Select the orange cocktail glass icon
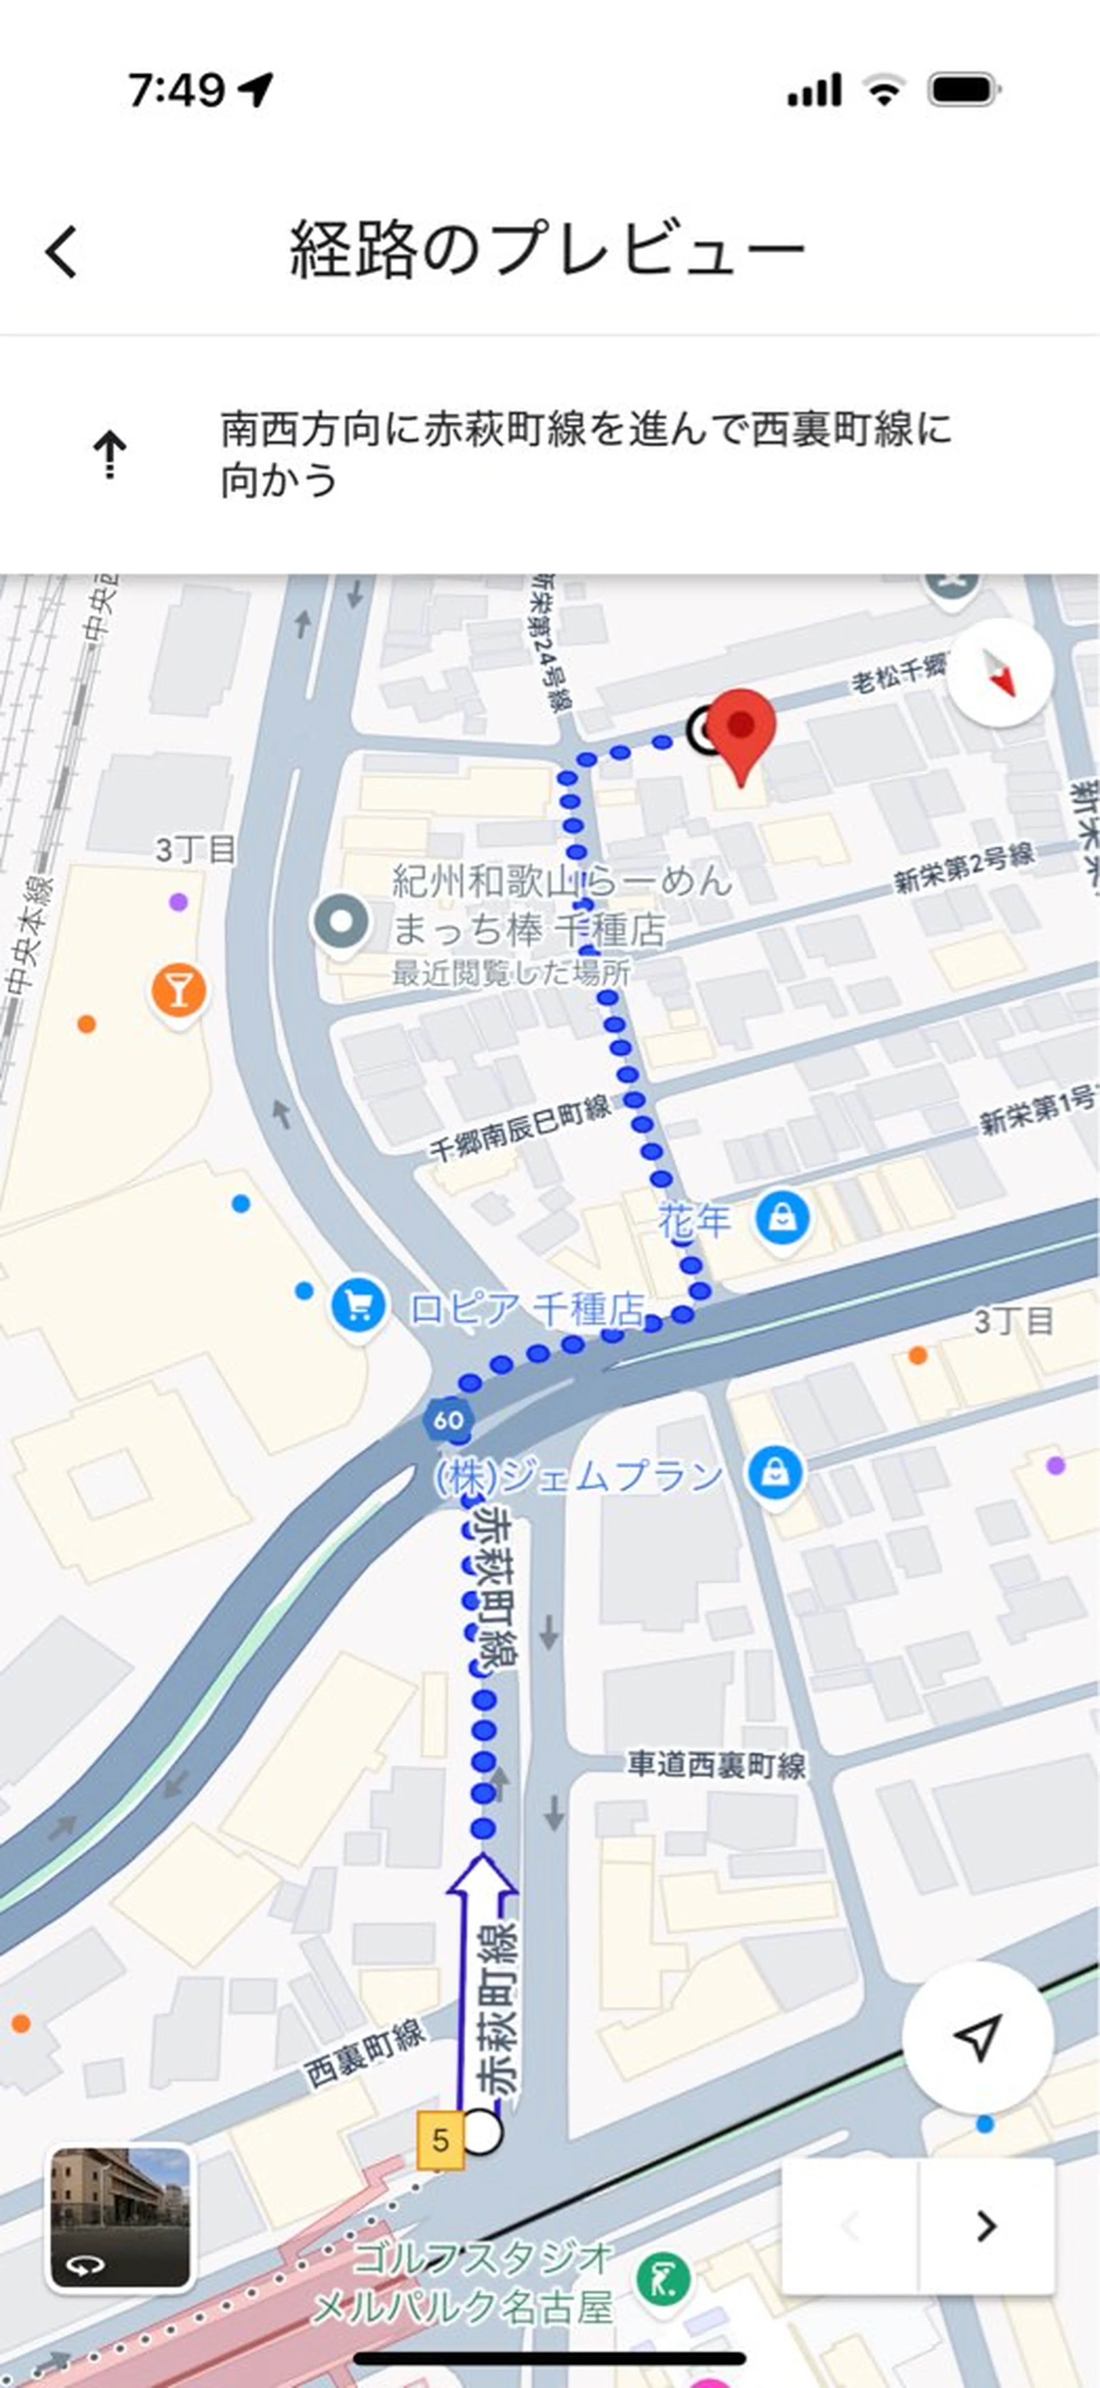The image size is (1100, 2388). click(x=179, y=990)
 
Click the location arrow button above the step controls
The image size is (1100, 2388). click(x=978, y=2037)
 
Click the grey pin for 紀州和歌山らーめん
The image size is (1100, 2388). click(x=341, y=922)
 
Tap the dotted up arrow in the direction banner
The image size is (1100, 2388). click(x=109, y=454)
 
